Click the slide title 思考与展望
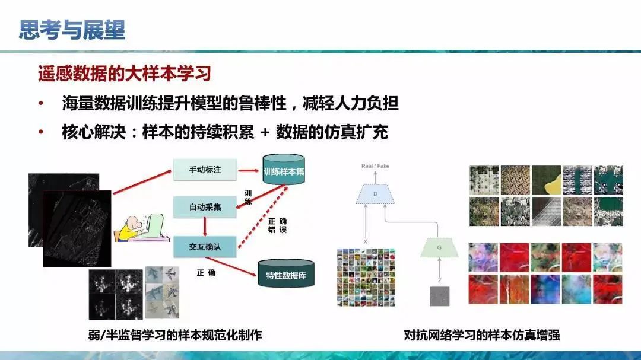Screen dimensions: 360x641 tap(72, 30)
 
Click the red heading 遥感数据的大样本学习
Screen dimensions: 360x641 tap(125, 75)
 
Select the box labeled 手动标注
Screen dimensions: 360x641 tap(205, 170)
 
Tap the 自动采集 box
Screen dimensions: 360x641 tap(205, 207)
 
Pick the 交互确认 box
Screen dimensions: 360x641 tap(205, 246)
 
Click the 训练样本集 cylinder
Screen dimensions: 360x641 tap(284, 172)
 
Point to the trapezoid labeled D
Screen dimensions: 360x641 tap(375, 193)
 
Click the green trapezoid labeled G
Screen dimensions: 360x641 tap(439, 246)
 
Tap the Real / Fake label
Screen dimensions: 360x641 tap(375, 166)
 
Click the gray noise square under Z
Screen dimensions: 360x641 tap(439, 296)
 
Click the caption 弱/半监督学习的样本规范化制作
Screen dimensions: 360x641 tap(174, 335)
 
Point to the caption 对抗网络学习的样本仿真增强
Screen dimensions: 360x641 tap(482, 335)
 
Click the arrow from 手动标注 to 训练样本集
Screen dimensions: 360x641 tap(249, 170)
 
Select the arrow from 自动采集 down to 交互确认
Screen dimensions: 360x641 tap(205, 227)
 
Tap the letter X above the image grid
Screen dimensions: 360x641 tap(365, 242)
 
